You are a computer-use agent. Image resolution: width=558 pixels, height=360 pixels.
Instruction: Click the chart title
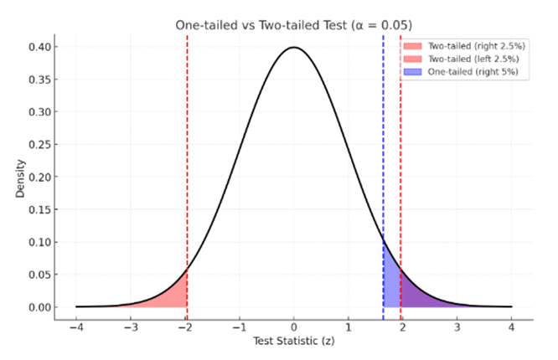293,25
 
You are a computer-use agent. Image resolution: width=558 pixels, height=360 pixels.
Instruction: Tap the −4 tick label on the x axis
75,327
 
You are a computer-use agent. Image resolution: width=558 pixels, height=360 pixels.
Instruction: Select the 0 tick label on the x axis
294,327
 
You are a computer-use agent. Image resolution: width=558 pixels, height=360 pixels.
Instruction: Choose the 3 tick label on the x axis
457,327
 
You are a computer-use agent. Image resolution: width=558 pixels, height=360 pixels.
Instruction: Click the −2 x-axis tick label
184,327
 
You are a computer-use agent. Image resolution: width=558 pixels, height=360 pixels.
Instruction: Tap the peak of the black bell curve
294,48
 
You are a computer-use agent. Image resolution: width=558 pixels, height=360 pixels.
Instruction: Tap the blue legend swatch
416,72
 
